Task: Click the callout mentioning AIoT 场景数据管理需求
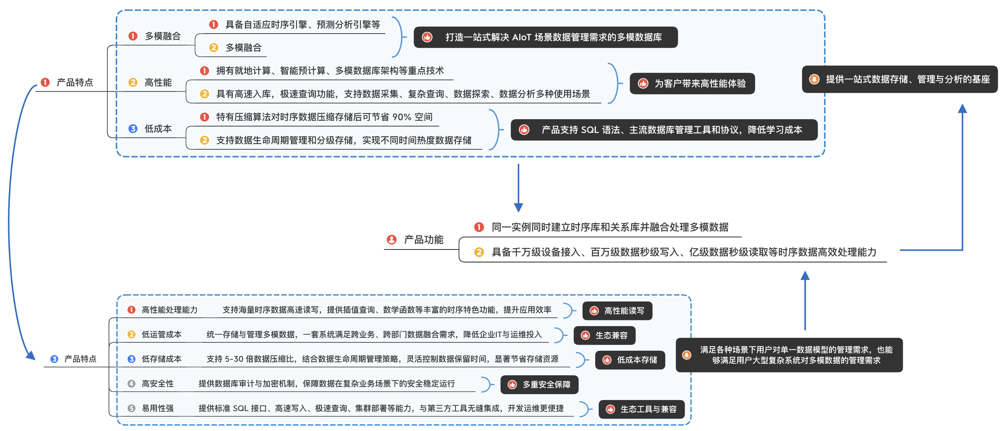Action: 545,37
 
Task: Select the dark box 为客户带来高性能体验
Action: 692,83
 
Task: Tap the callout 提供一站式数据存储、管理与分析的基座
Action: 900,79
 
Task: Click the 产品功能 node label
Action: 423,240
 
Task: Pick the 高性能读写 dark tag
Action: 617,311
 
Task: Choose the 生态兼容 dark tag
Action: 604,335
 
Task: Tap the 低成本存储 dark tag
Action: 630,360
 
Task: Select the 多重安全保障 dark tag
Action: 540,385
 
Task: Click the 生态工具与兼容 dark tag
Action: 641,409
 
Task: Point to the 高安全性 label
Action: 157,384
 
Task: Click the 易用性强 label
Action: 157,408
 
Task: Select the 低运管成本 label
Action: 161,335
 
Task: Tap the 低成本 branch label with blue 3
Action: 158,129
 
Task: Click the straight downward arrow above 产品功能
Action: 518,188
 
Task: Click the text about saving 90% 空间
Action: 324,117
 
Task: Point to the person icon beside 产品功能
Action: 391,240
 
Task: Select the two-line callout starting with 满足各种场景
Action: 789,355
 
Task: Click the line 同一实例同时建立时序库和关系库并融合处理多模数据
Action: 610,227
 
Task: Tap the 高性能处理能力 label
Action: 170,310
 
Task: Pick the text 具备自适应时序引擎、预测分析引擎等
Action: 303,25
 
